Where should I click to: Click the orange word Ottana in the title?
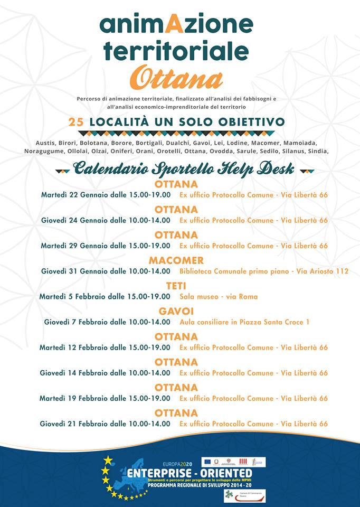176,79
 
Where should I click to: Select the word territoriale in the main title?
176,50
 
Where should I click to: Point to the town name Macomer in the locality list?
262,143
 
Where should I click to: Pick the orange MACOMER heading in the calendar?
176,260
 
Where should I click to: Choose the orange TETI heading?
176,286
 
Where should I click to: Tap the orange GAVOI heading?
176,312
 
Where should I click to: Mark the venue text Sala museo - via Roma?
219,296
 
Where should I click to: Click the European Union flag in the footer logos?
207,462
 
